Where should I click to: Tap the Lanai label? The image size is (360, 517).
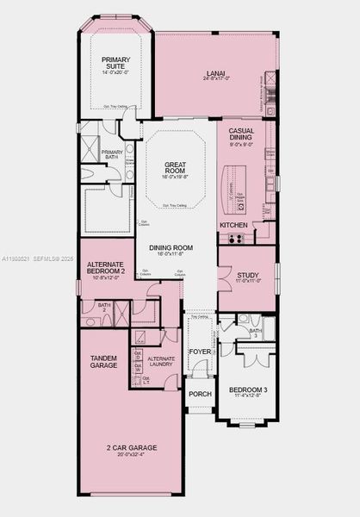click(215, 73)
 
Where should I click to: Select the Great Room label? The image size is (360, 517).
click(176, 168)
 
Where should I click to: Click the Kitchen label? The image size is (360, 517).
click(233, 225)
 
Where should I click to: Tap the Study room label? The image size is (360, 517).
click(247, 276)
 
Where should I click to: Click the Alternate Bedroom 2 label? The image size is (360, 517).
click(107, 267)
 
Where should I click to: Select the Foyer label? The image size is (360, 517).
click(200, 352)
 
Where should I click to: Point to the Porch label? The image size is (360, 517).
click(200, 394)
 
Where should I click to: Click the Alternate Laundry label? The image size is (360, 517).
click(161, 361)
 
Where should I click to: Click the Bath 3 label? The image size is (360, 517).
click(256, 333)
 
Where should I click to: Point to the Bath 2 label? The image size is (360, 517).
click(104, 306)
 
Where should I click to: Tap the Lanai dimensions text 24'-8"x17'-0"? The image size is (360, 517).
click(215, 79)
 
